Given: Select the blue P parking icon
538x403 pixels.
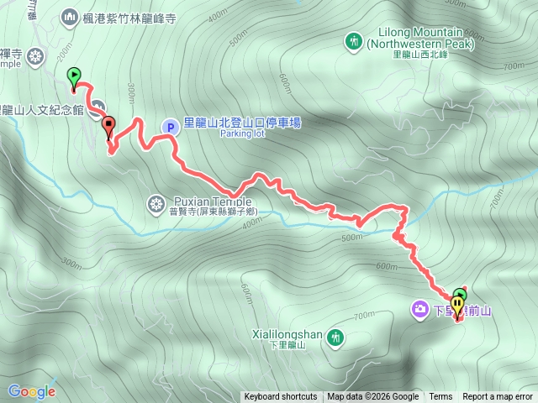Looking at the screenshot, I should click(170, 127).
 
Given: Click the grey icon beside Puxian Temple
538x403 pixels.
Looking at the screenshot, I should click(156, 202).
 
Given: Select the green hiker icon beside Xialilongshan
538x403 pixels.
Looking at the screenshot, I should click(336, 338).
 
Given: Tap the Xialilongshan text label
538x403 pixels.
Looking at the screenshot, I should click(287, 334).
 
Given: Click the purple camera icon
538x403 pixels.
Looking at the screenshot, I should click(419, 310).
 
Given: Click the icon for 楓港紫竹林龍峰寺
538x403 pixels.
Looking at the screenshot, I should click(69, 17).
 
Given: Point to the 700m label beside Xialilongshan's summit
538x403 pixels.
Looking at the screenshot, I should click(364, 316).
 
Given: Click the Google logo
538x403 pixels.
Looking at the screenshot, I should click(32, 390).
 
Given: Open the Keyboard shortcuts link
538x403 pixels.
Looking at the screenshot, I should click(281, 397).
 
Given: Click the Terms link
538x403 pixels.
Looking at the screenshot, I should click(440, 397).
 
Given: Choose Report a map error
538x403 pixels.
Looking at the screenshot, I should click(498, 397).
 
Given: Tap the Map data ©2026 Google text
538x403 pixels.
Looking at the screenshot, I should click(373, 397).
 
